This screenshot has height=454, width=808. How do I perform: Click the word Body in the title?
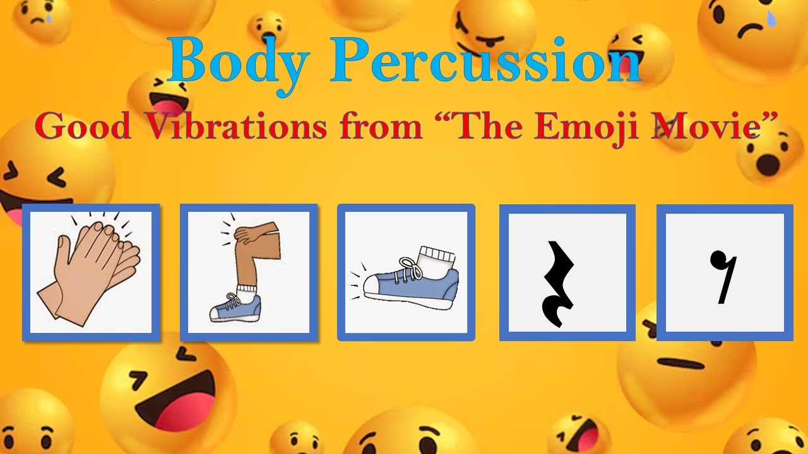point(239,62)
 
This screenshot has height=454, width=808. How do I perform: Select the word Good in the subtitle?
point(82,125)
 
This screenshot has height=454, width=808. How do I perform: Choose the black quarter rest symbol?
point(559,284)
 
